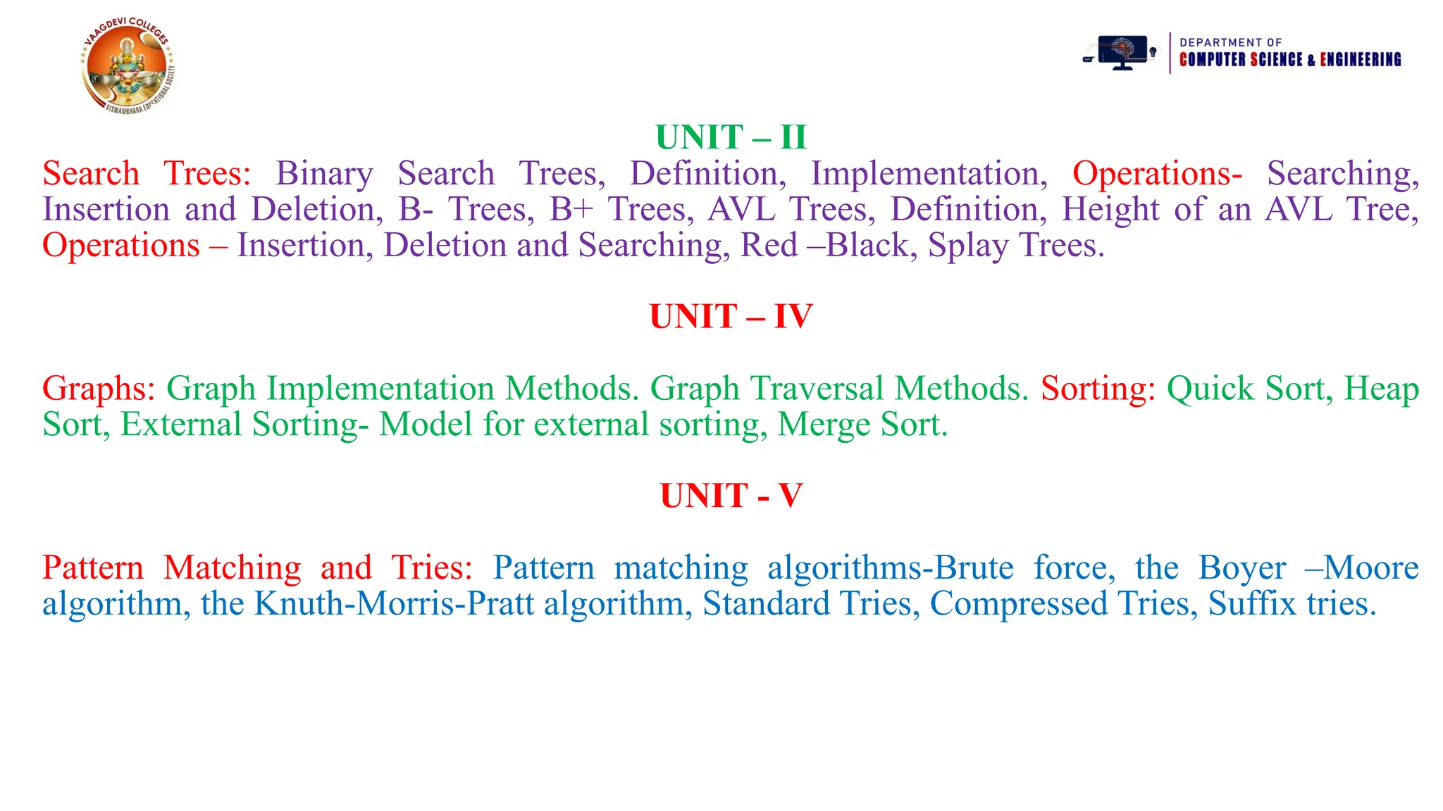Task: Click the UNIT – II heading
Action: [731, 137]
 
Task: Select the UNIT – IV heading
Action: [731, 316]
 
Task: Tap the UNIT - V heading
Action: [731, 496]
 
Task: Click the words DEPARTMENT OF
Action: [1230, 42]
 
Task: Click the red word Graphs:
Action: [99, 389]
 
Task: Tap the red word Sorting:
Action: [1098, 389]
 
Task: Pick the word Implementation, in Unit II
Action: [929, 174]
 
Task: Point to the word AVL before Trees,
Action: [741, 209]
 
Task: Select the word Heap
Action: [1381, 389]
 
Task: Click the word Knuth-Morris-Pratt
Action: [394, 604]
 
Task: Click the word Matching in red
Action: [232, 568]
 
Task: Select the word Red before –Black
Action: [769, 246]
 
